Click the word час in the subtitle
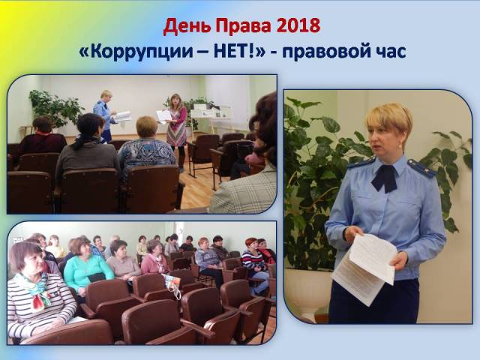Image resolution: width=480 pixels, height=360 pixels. click(x=391, y=52)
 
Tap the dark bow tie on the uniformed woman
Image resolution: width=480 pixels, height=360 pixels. click(x=385, y=178)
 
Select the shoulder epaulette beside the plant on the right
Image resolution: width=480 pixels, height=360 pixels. click(x=421, y=168)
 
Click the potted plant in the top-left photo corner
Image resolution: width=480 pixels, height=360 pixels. click(x=55, y=108)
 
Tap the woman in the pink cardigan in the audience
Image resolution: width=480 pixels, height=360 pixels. click(x=154, y=258)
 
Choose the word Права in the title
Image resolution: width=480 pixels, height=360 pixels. click(x=243, y=26)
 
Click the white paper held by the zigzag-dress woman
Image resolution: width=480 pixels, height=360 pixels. click(x=164, y=117)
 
